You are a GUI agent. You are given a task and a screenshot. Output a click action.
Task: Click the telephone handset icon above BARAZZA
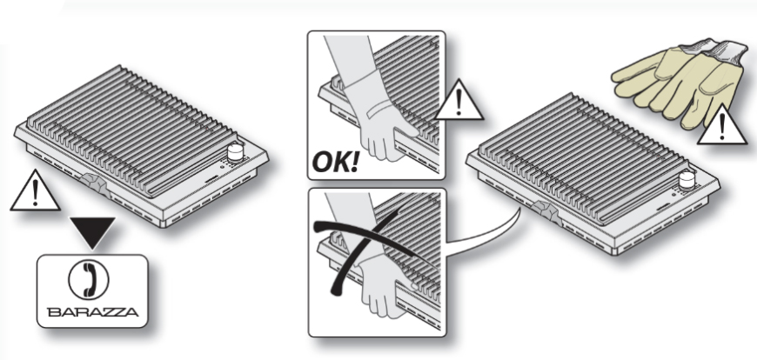(x=89, y=279)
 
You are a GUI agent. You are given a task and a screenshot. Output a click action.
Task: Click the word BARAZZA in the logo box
(x=93, y=312)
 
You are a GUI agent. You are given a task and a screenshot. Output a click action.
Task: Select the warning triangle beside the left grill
(x=35, y=192)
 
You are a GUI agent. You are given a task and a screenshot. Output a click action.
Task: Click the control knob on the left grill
(x=235, y=152)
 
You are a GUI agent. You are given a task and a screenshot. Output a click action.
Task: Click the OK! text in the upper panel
(x=336, y=162)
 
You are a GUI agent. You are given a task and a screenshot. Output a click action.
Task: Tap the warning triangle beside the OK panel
(x=459, y=102)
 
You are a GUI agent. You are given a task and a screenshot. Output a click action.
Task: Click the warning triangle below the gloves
(x=721, y=125)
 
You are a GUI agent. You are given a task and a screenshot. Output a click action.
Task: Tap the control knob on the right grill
(x=687, y=180)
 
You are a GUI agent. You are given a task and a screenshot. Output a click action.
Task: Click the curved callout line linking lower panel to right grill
(x=502, y=230)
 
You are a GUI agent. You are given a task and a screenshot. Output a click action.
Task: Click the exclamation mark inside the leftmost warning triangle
(x=35, y=194)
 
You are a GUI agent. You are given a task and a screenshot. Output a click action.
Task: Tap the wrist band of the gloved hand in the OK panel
(x=380, y=112)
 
